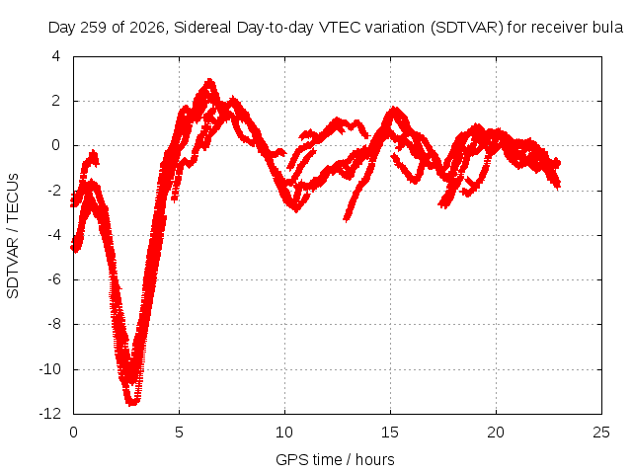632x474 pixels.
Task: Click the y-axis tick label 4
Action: coord(55,56)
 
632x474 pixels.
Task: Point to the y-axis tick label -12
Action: coord(50,414)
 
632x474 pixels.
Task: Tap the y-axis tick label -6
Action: coord(53,279)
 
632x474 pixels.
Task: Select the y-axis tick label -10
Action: coord(50,368)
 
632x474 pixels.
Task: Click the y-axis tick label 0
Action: coord(55,145)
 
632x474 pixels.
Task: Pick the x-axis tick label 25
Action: coord(601,433)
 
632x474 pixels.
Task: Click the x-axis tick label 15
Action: coord(390,433)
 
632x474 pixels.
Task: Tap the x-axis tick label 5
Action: coord(179,433)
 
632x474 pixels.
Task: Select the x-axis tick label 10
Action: coord(284,433)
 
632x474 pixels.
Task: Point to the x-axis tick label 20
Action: coord(496,433)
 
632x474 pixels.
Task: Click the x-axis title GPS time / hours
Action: coord(335,460)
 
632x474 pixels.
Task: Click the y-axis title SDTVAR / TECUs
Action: coord(13,236)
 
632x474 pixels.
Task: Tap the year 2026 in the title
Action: coord(147,28)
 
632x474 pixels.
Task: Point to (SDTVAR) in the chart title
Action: coord(467,28)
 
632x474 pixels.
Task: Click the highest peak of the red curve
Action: coord(209,80)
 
